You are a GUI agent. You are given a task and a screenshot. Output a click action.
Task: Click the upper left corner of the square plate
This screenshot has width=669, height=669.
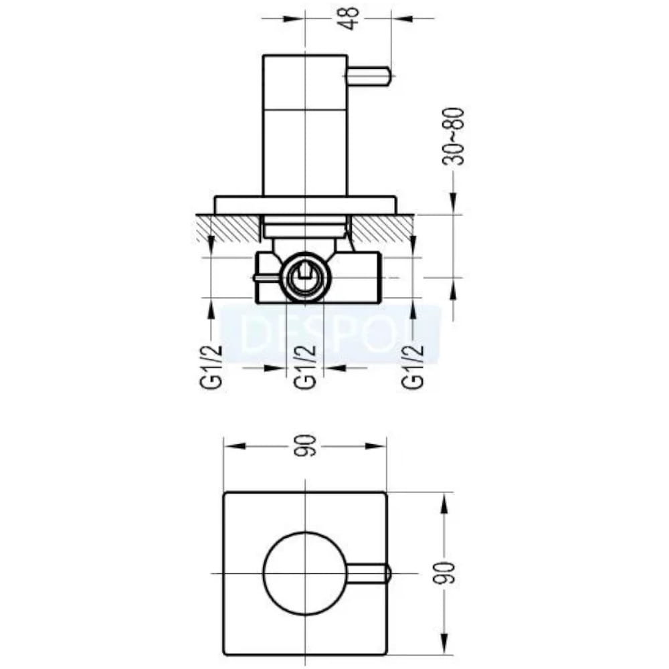(x=224, y=493)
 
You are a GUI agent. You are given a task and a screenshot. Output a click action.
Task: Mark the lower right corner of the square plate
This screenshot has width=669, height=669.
(x=386, y=654)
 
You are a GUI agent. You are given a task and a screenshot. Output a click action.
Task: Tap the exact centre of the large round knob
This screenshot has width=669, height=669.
(x=306, y=573)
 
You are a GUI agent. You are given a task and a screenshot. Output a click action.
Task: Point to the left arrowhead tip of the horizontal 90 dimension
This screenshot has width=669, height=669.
(x=225, y=446)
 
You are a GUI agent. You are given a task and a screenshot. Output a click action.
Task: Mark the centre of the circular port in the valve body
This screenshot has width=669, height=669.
(x=306, y=278)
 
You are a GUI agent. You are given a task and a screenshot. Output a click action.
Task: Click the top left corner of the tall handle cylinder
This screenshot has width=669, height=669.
(x=263, y=56)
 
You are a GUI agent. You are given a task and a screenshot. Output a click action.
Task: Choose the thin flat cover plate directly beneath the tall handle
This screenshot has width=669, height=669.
(x=306, y=205)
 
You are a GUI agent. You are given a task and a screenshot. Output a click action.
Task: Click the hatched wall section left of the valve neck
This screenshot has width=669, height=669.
(x=228, y=227)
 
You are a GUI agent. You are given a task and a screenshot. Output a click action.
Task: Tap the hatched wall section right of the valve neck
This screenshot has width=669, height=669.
(x=382, y=227)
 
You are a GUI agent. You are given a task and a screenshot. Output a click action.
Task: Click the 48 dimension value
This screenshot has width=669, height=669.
(x=350, y=17)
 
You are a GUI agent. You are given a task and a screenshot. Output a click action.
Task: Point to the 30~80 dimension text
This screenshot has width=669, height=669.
(x=454, y=136)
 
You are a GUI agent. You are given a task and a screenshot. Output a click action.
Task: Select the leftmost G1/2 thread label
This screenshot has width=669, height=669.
(x=211, y=367)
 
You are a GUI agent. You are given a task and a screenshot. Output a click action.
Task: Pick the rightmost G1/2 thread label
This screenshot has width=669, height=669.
(x=413, y=367)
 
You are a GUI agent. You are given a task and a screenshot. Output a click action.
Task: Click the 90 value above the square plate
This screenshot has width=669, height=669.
(x=307, y=446)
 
